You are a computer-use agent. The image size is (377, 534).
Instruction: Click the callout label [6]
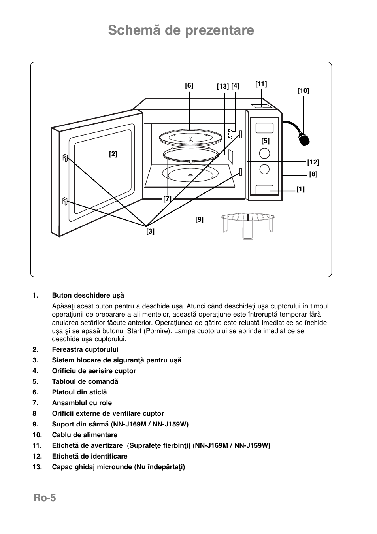[189, 86]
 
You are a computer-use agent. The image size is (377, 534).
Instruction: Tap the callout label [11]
[261, 84]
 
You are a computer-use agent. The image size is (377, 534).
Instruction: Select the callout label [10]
[303, 91]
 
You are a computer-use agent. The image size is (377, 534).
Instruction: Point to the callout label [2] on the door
[113, 154]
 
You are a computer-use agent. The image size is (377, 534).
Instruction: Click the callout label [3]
[150, 232]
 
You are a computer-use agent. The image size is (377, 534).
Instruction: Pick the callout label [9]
[199, 220]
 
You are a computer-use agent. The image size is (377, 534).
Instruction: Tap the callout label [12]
[313, 162]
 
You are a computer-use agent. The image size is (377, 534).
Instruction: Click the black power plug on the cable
[303, 139]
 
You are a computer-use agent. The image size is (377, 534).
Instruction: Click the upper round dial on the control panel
[265, 153]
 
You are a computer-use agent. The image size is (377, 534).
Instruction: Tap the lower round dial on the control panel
[265, 169]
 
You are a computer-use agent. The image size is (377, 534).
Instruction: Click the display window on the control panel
[264, 128]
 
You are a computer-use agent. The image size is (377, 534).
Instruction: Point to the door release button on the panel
[264, 190]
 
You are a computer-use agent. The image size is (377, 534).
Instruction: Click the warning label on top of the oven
[261, 106]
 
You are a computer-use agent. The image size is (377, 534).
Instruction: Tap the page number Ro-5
[45, 498]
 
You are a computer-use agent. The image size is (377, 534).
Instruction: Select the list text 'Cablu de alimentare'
[85, 435]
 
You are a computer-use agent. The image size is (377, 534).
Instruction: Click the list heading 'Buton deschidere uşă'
[88, 295]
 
